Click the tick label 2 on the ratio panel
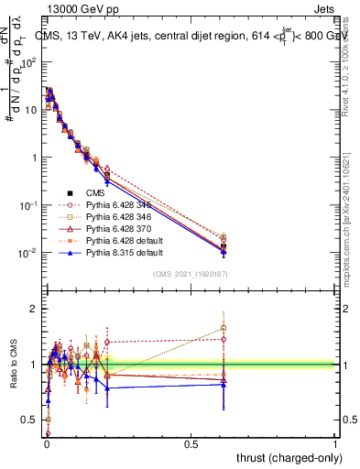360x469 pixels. click(x=33, y=309)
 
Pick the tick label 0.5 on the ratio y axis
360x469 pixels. click(x=29, y=420)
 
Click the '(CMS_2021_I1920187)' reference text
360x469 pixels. click(x=191, y=273)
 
